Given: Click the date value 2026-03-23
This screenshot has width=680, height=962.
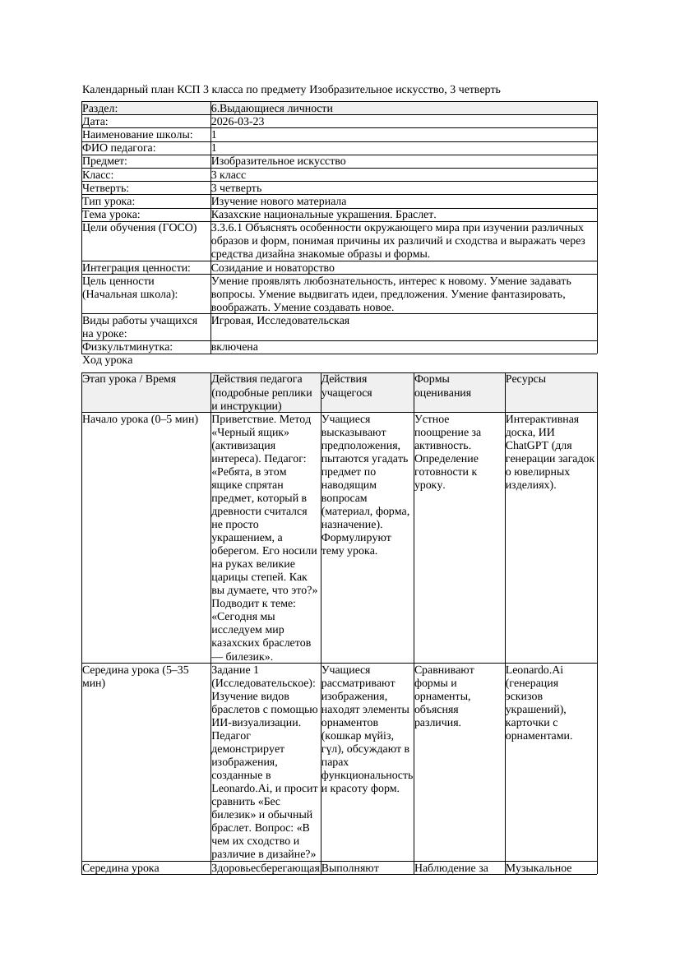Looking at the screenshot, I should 238,122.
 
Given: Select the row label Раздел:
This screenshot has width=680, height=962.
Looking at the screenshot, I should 100,109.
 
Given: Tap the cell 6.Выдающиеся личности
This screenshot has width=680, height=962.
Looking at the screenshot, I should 271,109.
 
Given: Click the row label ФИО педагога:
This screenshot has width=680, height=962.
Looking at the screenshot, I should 119,148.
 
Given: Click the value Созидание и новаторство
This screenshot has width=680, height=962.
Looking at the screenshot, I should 272,268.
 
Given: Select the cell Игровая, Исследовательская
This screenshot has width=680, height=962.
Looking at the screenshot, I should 280,321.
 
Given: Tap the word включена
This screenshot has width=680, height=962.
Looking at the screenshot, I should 234,347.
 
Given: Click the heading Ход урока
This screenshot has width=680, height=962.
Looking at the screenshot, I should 108,360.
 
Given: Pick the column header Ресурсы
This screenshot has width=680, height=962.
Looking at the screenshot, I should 525,379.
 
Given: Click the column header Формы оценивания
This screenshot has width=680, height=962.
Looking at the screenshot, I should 443,386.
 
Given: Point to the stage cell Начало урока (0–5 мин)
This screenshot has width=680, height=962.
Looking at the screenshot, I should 141,419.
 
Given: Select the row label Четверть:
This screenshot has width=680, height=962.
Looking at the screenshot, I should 106,188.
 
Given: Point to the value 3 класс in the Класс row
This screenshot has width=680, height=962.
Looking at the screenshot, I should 229,175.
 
